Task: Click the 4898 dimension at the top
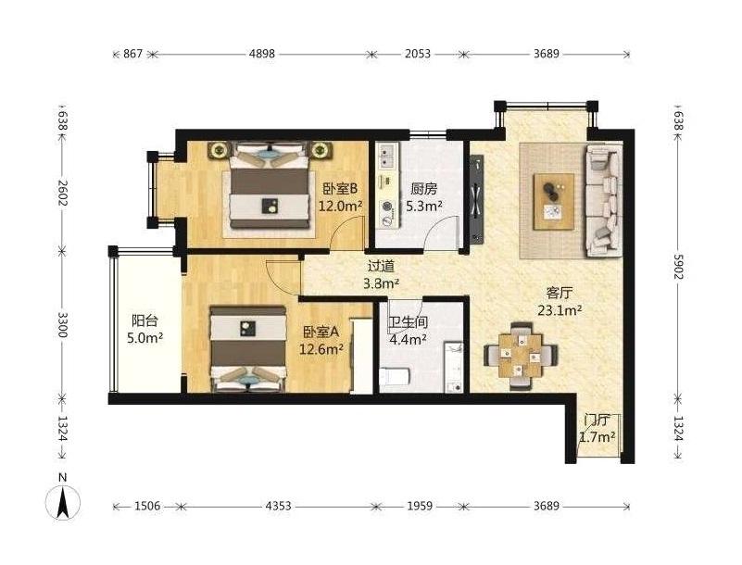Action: [x=262, y=54]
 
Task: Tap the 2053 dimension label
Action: [x=418, y=54]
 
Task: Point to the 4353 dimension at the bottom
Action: [x=278, y=507]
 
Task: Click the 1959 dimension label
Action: [x=420, y=507]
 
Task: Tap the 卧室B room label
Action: [x=340, y=189]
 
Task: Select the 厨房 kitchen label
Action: [x=423, y=189]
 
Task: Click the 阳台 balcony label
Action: [x=145, y=321]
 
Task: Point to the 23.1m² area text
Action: [x=560, y=310]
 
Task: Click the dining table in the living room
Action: [x=521, y=356]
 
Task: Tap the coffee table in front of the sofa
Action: [x=554, y=202]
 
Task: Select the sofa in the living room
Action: [x=604, y=200]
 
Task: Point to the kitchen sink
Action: [x=388, y=156]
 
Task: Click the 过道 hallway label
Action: [x=381, y=267]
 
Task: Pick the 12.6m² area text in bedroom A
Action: [x=321, y=349]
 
